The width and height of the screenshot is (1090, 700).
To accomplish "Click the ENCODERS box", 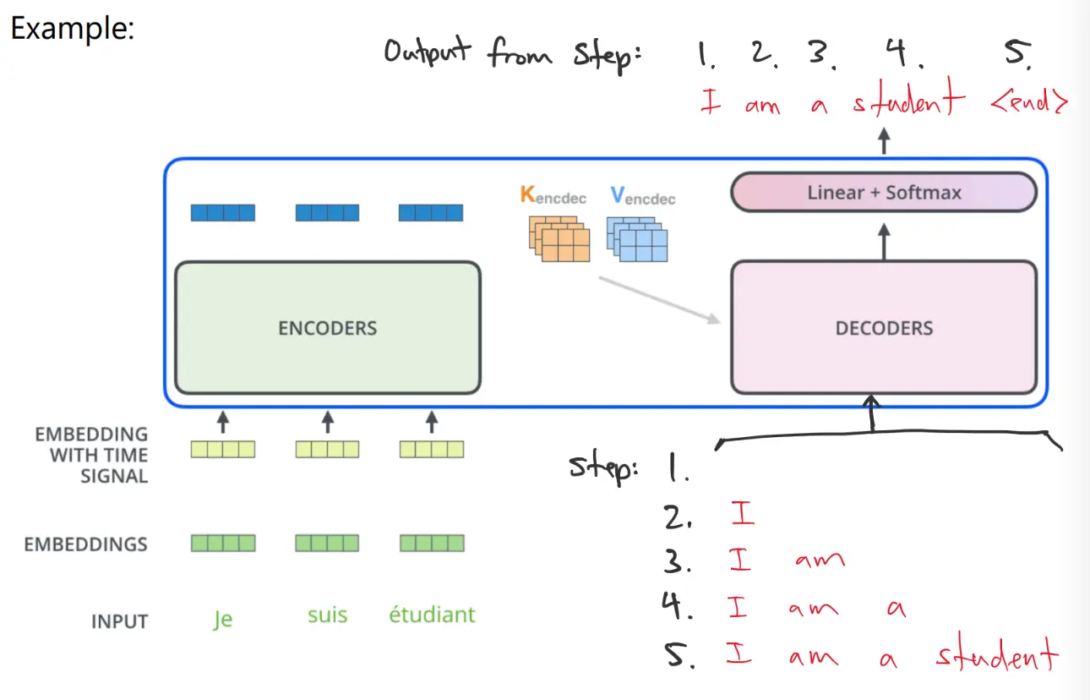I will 327,327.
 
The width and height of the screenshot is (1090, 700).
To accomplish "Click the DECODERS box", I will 884,327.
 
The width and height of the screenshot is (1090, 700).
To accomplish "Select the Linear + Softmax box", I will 884,192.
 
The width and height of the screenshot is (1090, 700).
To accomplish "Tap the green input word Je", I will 222,619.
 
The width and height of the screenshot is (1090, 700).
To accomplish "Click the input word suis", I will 327,615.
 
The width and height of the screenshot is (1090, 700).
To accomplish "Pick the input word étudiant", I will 432,615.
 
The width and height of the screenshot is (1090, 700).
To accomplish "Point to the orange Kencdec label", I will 553,197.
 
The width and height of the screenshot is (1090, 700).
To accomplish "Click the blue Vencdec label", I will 642,197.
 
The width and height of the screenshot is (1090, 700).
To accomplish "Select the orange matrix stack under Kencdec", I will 553,239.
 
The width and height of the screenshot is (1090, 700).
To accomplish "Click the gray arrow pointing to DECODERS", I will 659,298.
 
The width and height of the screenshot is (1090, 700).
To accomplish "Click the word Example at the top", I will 72,30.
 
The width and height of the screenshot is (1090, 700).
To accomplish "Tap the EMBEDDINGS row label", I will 85,544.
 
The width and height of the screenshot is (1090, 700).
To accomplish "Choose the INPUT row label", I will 119,621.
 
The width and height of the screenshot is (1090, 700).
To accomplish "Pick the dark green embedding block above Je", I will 222,543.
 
